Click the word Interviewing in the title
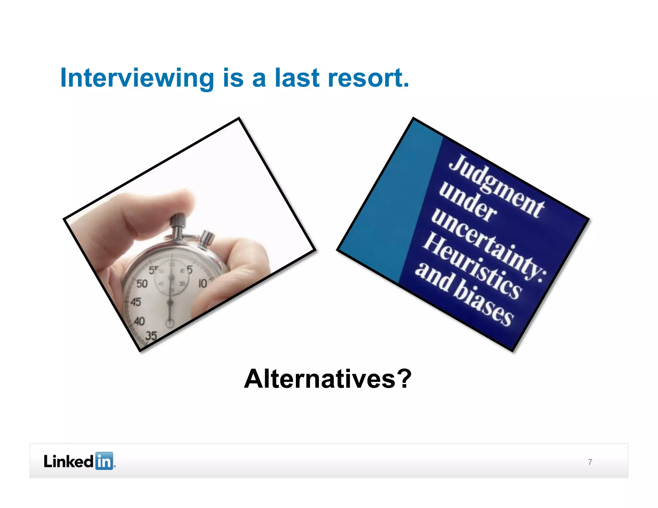point(137,78)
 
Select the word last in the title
point(297,78)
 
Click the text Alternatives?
point(327,379)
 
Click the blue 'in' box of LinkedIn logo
point(104,461)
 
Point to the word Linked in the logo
point(68,461)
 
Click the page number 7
point(590,462)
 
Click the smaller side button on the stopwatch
point(207,238)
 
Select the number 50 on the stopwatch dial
point(142,284)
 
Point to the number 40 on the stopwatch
point(139,321)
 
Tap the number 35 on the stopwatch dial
point(151,336)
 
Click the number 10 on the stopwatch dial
point(203,283)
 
